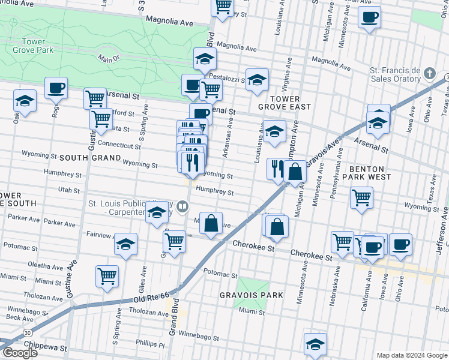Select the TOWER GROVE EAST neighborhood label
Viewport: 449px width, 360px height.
pyautogui.click(x=285, y=102)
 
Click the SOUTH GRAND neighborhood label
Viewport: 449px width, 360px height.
pyautogui.click(x=87, y=157)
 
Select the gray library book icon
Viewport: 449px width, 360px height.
pyautogui.click(x=182, y=208)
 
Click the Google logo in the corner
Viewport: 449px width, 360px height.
pyautogui.click(x=20, y=353)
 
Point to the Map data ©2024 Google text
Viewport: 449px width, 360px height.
pyautogui.click(x=411, y=355)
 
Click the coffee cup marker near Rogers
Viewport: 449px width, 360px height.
pyautogui.click(x=56, y=88)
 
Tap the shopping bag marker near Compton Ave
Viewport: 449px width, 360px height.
pyautogui.click(x=295, y=172)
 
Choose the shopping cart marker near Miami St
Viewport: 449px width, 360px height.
pyautogui.click(x=107, y=276)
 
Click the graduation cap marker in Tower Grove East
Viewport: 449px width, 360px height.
pyautogui.click(x=274, y=131)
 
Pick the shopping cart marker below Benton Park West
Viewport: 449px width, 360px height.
pyautogui.click(x=361, y=197)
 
